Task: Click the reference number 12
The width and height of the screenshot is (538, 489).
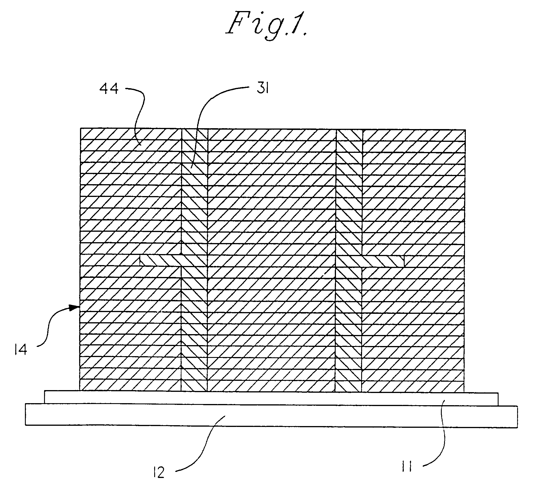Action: click(159, 473)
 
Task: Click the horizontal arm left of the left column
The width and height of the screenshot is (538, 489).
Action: click(159, 260)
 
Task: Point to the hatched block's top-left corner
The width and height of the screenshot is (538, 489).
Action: click(81, 128)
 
